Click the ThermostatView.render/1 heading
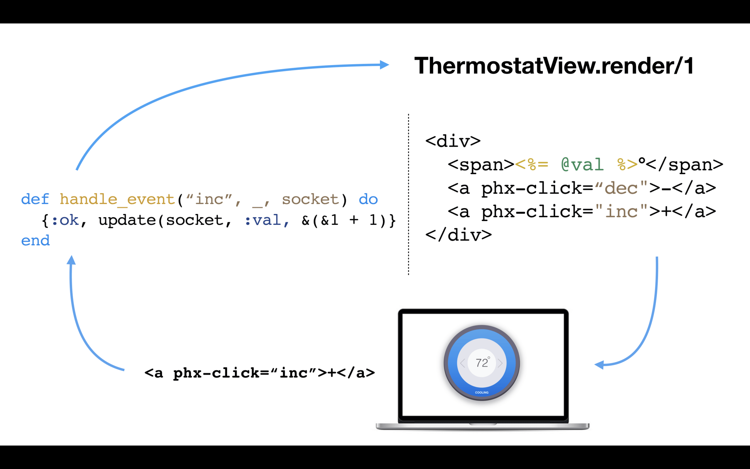(554, 65)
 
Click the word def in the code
(35, 199)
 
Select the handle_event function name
(117, 199)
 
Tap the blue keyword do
(368, 199)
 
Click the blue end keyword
(35, 240)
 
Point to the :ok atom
(65, 220)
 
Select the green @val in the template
(582, 164)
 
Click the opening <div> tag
(453, 141)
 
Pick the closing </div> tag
(458, 235)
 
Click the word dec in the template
(621, 188)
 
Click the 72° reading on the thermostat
(482, 363)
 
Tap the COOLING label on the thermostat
(482, 393)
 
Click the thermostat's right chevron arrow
(500, 363)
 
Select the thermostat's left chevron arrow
(462, 363)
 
